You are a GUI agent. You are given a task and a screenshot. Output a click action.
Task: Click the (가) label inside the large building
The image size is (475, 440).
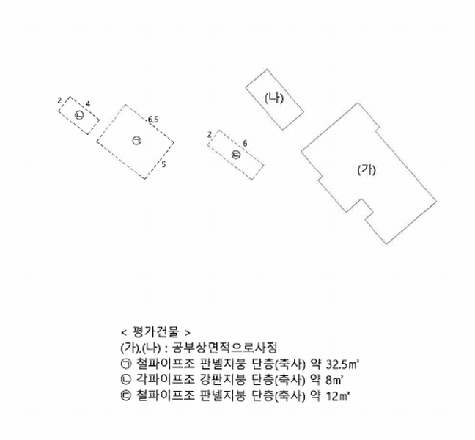click(x=367, y=169)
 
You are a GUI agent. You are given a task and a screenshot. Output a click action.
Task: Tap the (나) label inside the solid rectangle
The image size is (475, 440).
click(x=274, y=98)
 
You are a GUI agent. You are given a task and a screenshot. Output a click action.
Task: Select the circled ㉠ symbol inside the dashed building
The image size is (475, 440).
click(x=136, y=140)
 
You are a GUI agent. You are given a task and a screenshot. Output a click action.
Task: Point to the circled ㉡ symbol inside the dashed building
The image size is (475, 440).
click(x=79, y=115)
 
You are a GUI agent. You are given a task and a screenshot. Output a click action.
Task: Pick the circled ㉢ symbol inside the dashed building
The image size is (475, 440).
click(x=236, y=155)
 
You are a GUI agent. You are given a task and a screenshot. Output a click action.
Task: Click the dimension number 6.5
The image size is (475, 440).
click(x=153, y=120)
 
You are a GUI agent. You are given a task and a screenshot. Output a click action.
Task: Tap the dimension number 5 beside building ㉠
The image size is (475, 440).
click(x=163, y=164)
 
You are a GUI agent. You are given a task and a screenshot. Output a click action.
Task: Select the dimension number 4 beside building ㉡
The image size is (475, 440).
click(x=88, y=104)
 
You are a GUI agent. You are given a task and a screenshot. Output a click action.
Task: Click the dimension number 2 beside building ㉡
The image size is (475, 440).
click(x=59, y=100)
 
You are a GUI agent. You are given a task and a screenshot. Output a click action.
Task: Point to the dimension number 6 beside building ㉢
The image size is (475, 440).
click(x=245, y=143)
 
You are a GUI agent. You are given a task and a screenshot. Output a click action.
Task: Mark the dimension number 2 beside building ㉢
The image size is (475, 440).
click(x=210, y=134)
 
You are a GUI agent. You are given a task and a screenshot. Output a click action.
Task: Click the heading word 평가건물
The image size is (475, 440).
click(x=156, y=331)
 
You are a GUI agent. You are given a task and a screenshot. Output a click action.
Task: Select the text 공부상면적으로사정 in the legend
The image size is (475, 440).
click(x=224, y=348)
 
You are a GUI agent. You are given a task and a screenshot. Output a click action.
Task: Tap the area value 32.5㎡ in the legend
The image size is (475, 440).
click(x=342, y=364)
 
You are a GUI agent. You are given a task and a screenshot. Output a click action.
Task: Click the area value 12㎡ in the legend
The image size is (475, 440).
click(x=338, y=396)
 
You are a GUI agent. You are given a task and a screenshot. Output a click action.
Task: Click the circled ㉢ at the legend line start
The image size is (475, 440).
click(x=125, y=396)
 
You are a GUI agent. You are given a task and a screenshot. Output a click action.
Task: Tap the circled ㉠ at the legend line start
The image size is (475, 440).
click(x=125, y=364)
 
